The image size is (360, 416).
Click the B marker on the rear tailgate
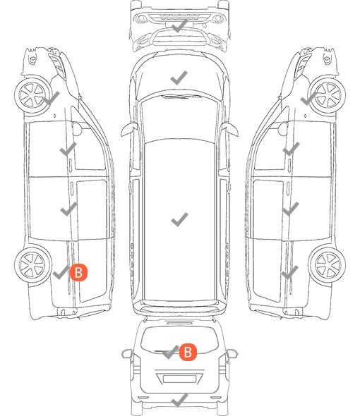[x=188, y=353]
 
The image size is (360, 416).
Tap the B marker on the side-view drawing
[x=78, y=272]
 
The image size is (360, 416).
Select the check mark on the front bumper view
[x=179, y=26]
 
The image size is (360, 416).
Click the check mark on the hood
[x=179, y=78]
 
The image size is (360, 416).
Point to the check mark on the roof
[x=179, y=219]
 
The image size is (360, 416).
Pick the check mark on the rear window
[x=170, y=352]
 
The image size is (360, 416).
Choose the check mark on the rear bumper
[x=179, y=400]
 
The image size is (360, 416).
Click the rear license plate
[x=179, y=379]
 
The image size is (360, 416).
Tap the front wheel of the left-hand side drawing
[x=32, y=95]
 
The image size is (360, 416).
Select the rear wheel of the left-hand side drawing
[x=33, y=265]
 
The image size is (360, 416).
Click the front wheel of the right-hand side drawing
[x=328, y=95]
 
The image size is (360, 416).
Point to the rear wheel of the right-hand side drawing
[x=327, y=264]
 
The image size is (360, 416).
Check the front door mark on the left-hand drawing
[x=68, y=149]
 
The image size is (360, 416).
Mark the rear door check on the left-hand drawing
[x=68, y=209]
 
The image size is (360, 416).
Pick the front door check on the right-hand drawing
[x=292, y=149]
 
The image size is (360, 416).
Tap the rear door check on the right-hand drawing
[x=291, y=209]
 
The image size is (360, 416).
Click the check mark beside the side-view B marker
[x=61, y=272]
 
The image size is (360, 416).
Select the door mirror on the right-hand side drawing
[x=282, y=128]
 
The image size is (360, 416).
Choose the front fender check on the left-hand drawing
[x=52, y=98]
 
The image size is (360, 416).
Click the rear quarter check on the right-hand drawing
[x=290, y=272]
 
